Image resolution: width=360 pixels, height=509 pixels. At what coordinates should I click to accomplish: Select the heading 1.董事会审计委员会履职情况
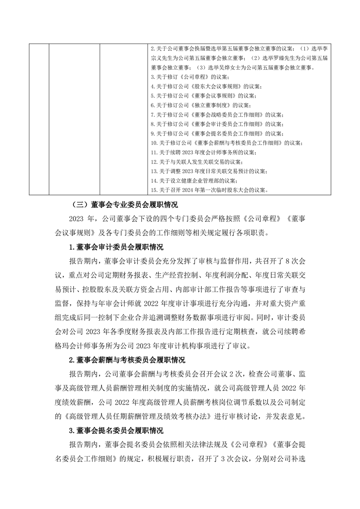click(x=113, y=247)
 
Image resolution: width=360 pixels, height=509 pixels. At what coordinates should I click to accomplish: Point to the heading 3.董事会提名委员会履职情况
click(x=113, y=429)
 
